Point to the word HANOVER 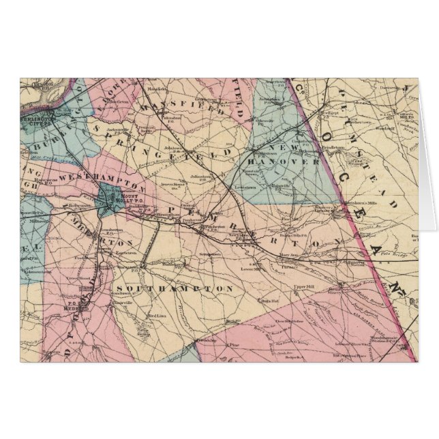click(295, 163)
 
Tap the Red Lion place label click(157, 316)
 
